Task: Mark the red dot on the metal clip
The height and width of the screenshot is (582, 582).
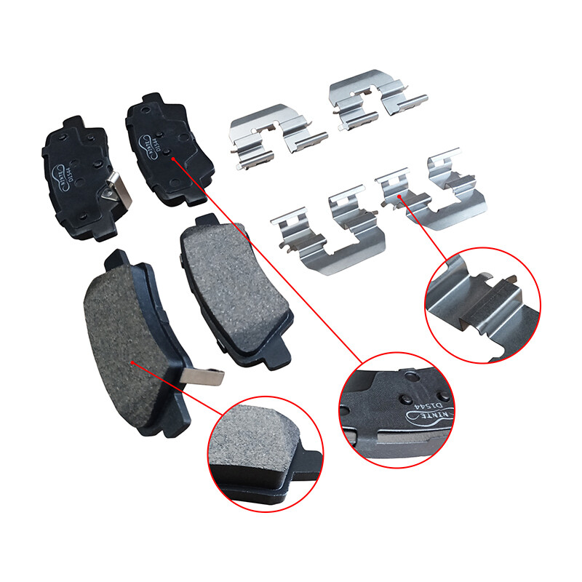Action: click(x=400, y=196)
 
